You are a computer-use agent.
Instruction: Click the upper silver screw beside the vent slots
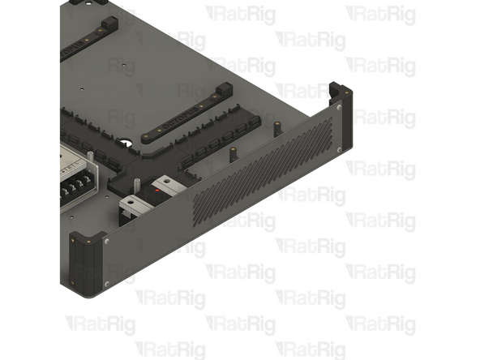(338, 106)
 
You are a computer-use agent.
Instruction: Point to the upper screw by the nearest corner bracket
(106, 241)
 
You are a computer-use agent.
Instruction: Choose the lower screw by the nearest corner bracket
(106, 283)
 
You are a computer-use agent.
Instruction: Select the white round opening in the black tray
(126, 144)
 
